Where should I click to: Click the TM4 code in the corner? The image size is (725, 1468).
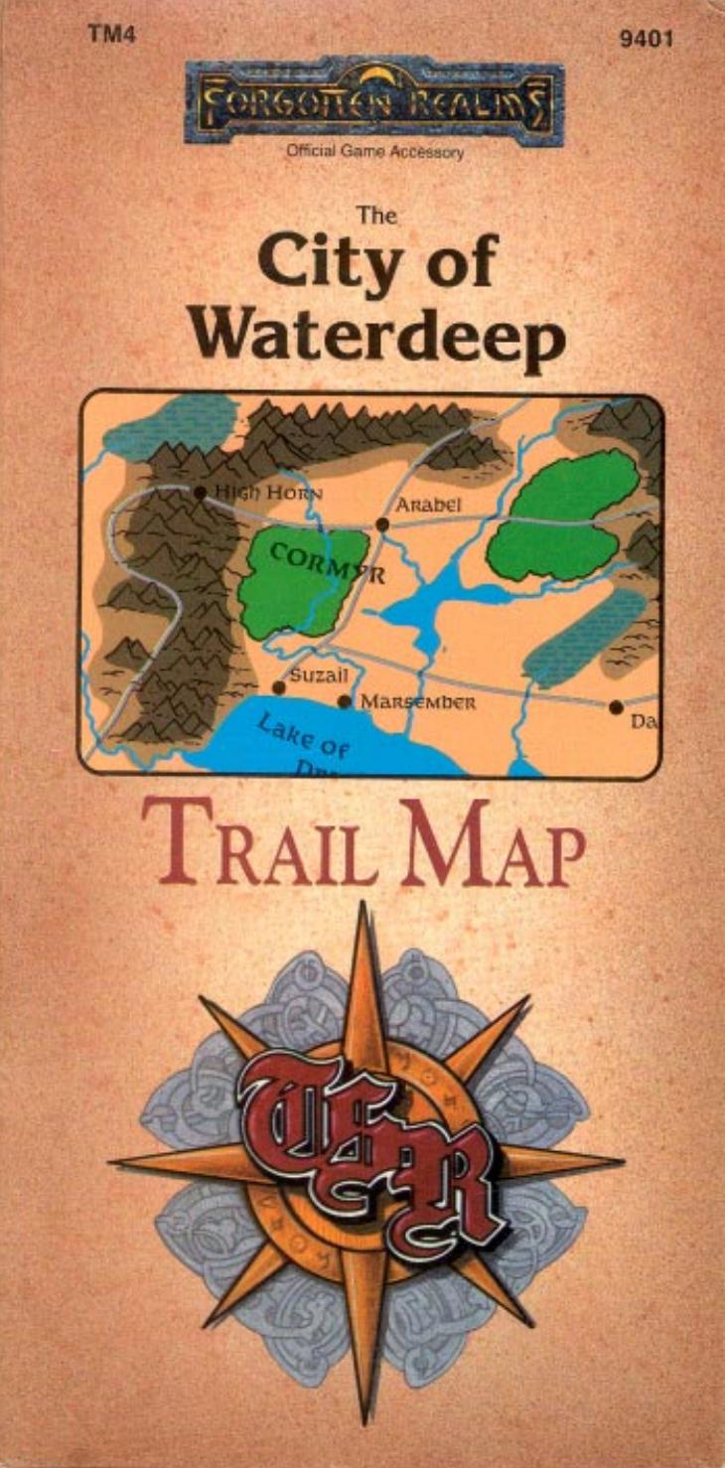tap(109, 35)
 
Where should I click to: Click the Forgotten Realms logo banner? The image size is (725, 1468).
tap(374, 100)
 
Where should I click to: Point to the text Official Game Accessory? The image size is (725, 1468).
tap(374, 153)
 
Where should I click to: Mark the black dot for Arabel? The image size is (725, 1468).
tap(382, 523)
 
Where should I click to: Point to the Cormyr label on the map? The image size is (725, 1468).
tap(312, 562)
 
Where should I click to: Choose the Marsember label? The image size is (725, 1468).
tap(418, 702)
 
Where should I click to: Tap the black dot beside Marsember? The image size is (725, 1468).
tap(345, 701)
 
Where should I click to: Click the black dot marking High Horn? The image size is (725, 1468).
tap(201, 492)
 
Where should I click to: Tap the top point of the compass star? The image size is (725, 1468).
tap(362, 909)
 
